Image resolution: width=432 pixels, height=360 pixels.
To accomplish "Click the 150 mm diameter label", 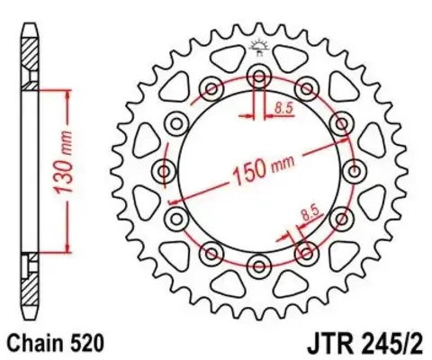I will coord(264,168).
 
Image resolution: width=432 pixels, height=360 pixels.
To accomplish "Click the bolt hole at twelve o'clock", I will coord(259,74).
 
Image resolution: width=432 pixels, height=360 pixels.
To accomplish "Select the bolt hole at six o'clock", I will coord(259,264).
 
